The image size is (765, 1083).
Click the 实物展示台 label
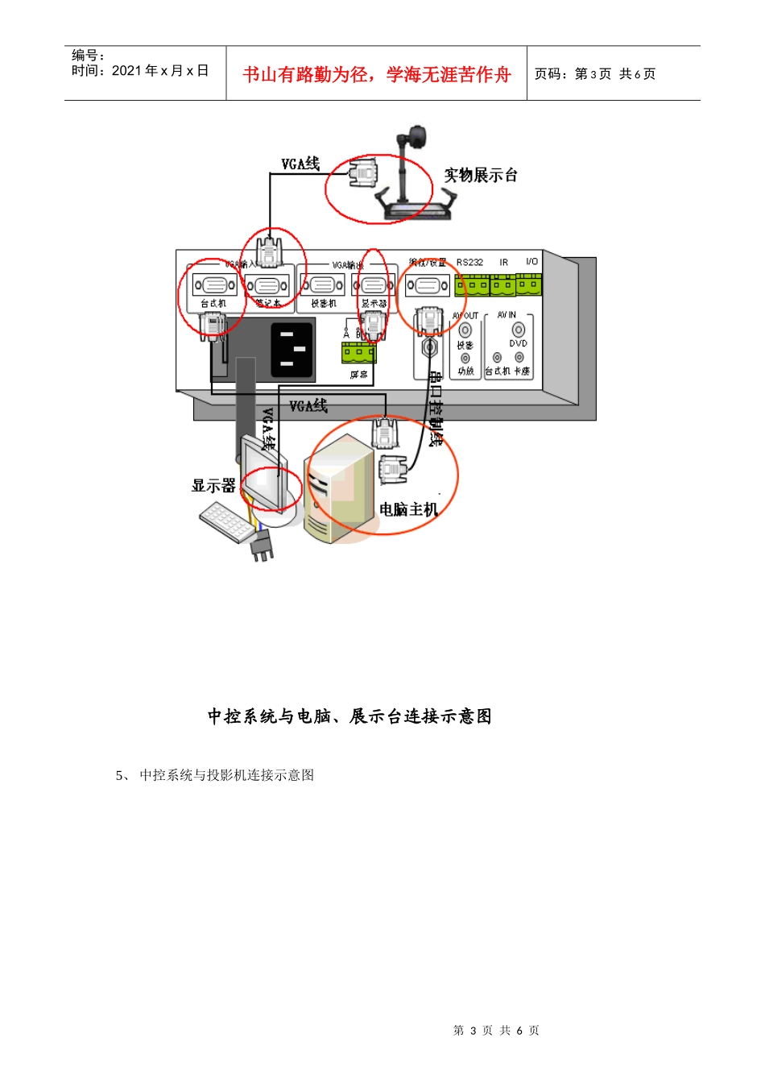[481, 175]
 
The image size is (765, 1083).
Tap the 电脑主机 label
[408, 509]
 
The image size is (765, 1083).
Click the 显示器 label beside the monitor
[213, 485]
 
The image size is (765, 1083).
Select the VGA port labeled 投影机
[322, 284]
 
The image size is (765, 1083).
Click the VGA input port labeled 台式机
[214, 284]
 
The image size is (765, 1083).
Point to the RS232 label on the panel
[469, 263]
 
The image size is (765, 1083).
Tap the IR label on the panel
[504, 263]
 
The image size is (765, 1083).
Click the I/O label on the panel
[531, 262]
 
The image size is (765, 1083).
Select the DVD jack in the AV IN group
[518, 330]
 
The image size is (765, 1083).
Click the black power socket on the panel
[292, 349]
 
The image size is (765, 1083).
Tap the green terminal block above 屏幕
[358, 352]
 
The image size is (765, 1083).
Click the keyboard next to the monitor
[225, 521]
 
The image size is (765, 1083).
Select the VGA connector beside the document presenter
[363, 173]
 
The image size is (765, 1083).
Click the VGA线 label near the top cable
[300, 164]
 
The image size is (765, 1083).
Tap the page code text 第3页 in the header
[593, 74]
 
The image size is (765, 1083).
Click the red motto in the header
[377, 75]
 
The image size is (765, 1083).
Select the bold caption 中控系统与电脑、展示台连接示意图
[349, 716]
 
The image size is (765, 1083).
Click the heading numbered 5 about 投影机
[215, 775]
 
